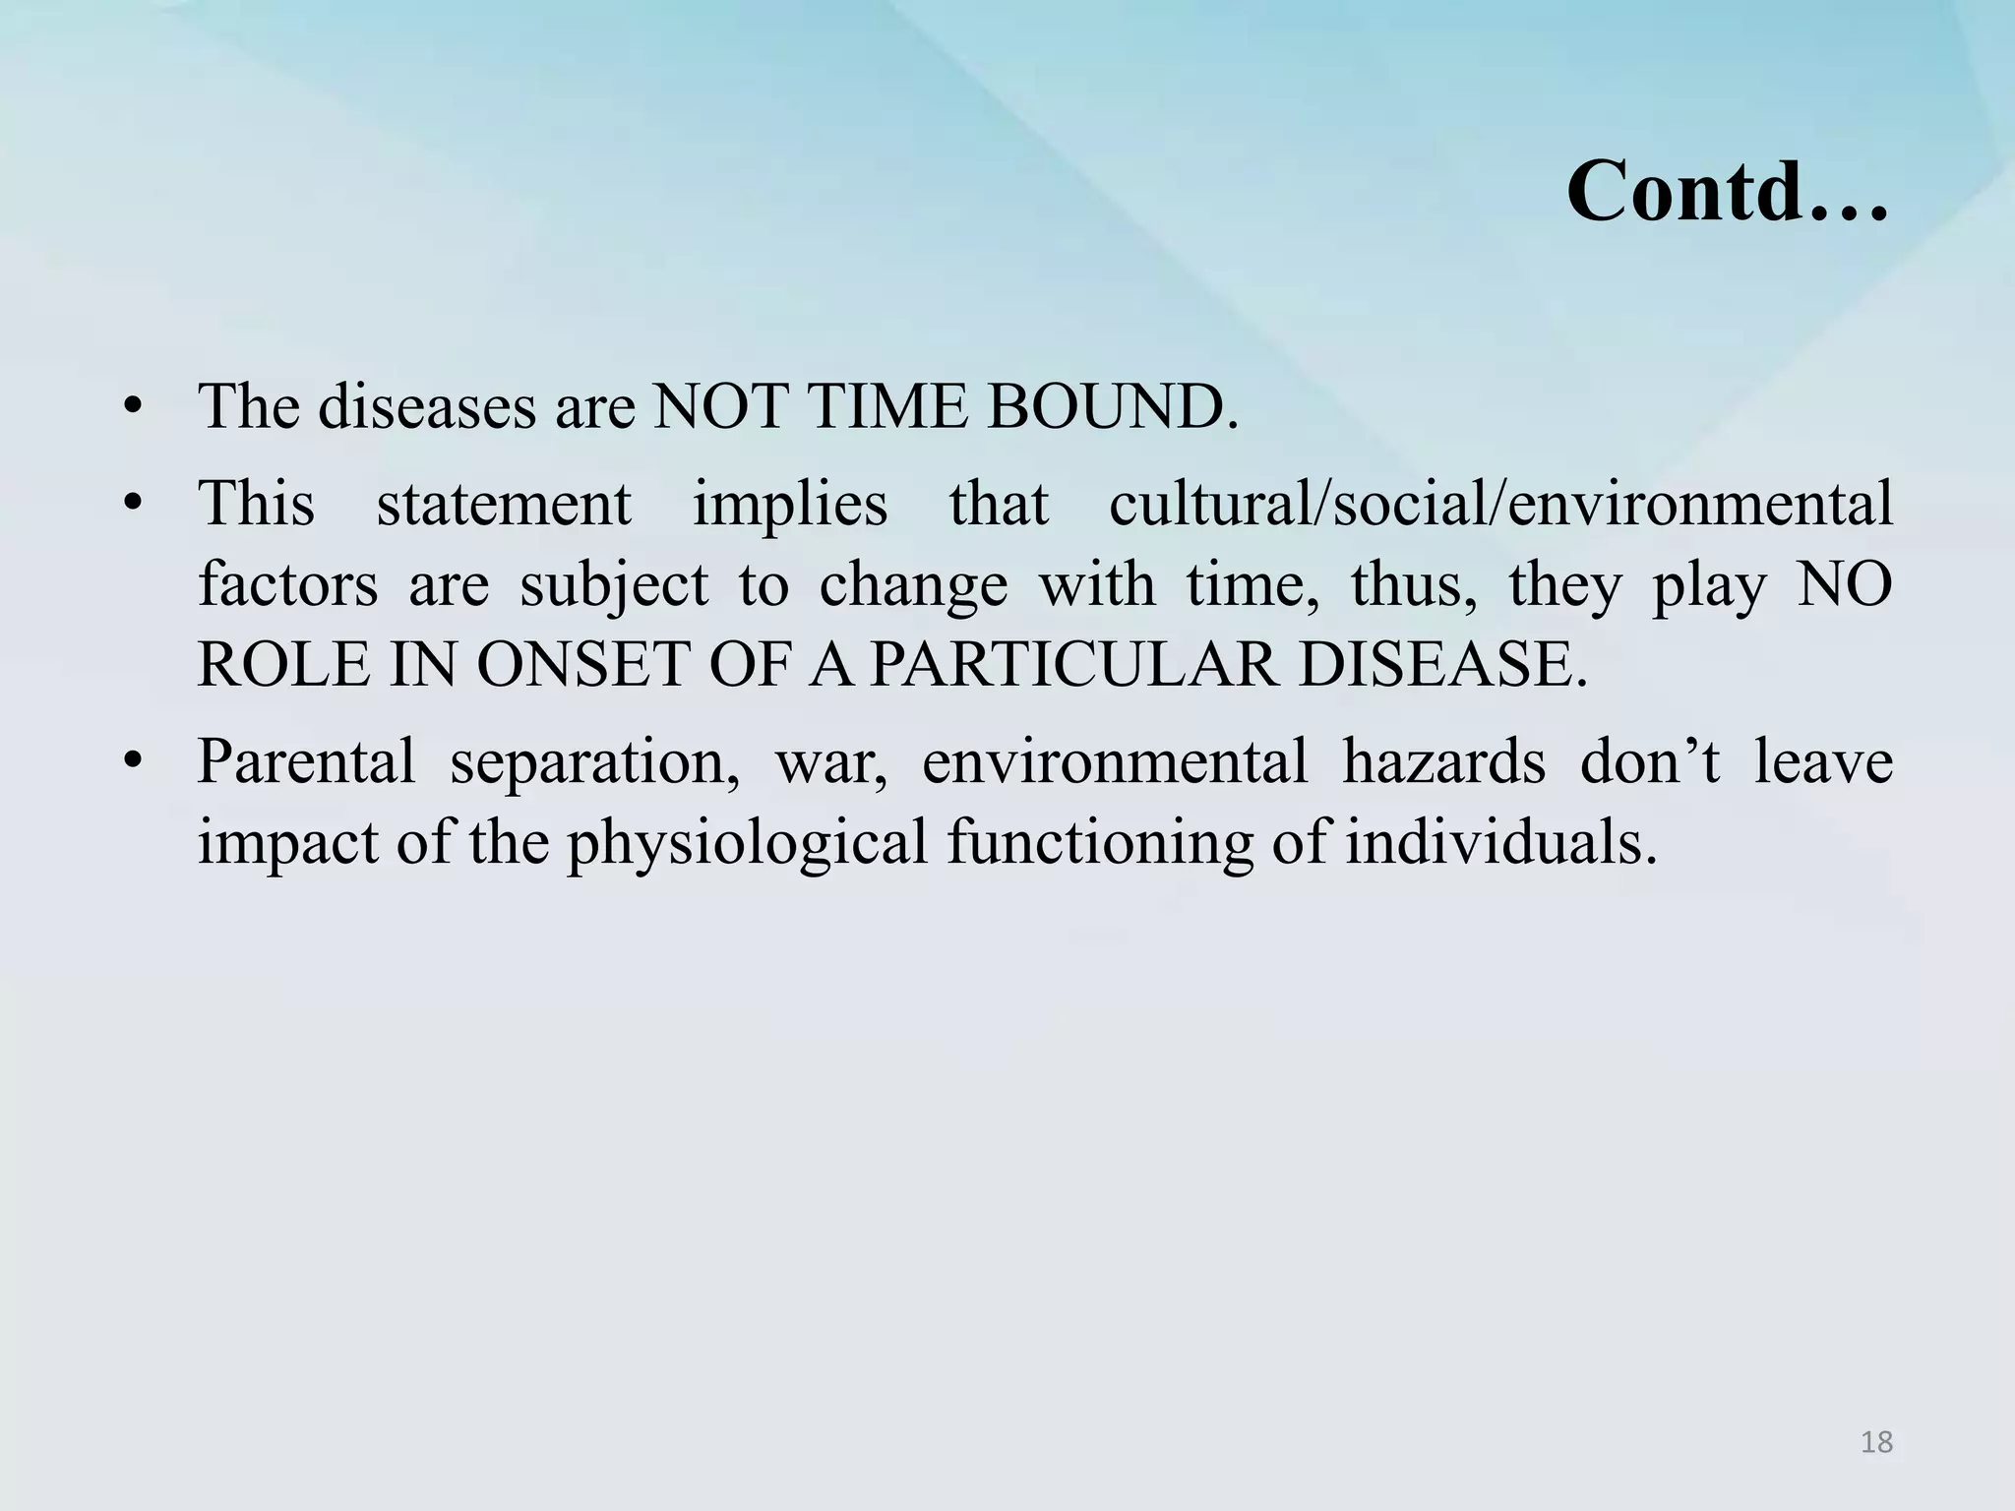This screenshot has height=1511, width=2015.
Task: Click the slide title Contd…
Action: coord(1727,191)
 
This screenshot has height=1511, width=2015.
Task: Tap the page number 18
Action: coord(1876,1443)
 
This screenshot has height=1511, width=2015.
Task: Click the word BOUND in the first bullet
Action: coord(1111,407)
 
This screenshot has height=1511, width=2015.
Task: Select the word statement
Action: coord(504,505)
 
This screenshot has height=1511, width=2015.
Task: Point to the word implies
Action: coord(790,505)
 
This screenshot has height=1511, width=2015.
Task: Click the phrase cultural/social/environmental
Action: coord(1500,505)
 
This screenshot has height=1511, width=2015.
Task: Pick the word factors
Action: coord(287,585)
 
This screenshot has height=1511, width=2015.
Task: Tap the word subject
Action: coord(614,585)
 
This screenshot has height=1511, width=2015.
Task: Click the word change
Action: coord(913,585)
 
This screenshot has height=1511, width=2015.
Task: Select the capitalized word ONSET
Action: coord(582,665)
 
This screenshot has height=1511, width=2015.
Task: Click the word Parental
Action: coord(306,761)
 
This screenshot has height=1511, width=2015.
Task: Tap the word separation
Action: coord(594,761)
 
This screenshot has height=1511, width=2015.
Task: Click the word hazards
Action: coord(1443,761)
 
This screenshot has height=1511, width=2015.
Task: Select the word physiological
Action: coord(747,843)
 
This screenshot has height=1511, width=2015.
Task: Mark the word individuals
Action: coord(1500,843)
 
